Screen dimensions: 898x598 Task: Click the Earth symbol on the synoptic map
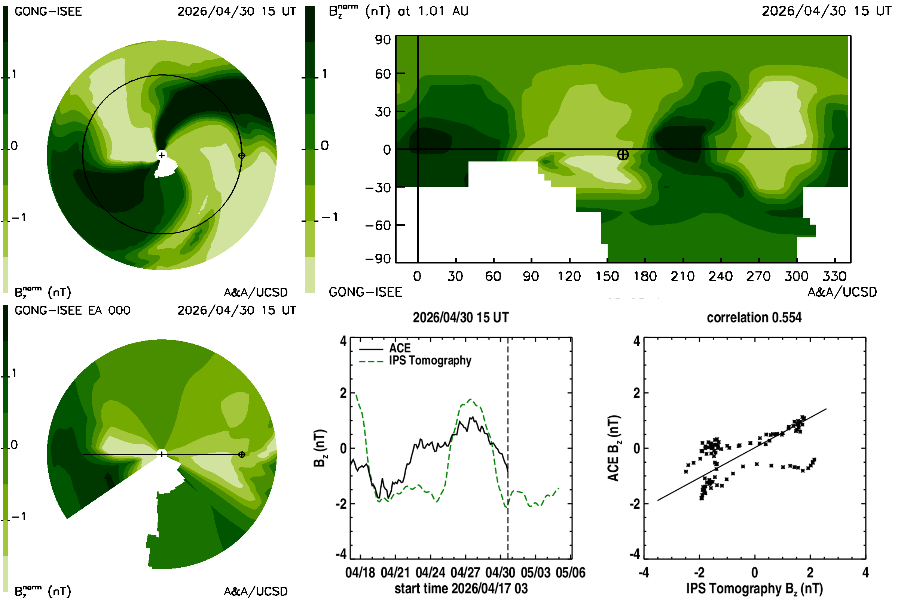click(623, 154)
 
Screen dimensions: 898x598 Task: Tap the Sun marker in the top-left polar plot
click(162, 155)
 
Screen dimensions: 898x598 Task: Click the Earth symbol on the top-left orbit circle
click(242, 155)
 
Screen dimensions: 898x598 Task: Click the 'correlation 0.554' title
click(754, 317)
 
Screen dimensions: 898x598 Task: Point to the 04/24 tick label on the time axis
click(430, 573)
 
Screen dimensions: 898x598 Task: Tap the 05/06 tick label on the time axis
click(570, 573)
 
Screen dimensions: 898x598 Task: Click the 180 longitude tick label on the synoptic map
click(645, 276)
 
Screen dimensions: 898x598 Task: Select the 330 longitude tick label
click(835, 276)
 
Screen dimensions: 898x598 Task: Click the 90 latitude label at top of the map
click(383, 40)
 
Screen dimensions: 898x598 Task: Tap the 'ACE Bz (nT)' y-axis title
click(613, 448)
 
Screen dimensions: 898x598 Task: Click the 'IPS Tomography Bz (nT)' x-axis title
click(754, 588)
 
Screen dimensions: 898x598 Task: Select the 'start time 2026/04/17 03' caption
click(461, 588)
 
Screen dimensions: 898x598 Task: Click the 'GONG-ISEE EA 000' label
click(72, 310)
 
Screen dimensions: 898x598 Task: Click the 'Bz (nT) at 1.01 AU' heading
click(398, 11)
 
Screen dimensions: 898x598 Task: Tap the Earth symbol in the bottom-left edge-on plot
click(242, 454)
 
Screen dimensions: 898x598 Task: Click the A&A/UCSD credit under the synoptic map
click(842, 292)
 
